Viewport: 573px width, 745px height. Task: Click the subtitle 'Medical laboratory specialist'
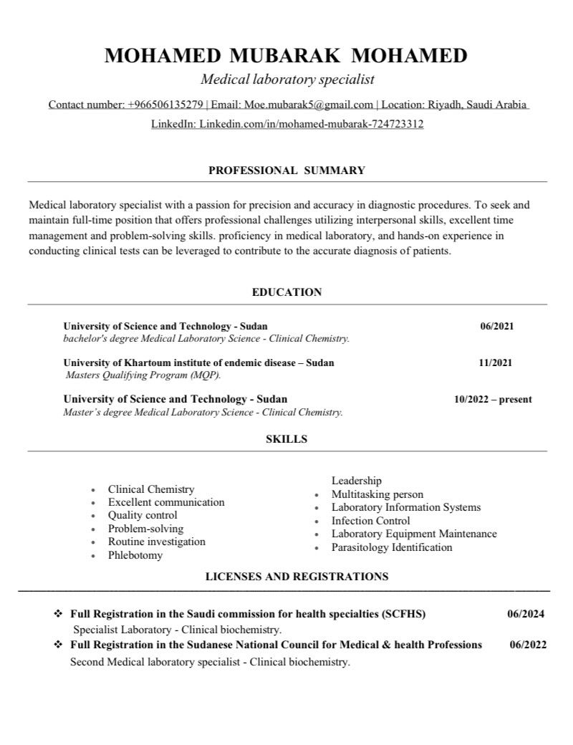[287, 79]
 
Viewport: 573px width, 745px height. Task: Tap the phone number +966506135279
[165, 105]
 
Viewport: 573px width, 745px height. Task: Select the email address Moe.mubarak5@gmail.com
[309, 105]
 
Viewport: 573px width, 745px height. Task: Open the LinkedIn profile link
[311, 124]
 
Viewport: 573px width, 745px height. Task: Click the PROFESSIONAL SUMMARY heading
[286, 170]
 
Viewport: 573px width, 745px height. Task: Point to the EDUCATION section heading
[286, 292]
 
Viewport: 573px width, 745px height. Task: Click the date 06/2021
[496, 326]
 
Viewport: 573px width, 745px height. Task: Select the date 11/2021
[496, 362]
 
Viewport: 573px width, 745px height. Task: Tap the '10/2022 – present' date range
[493, 399]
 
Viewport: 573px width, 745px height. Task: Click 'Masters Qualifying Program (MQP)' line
[143, 375]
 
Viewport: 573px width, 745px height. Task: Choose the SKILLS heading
[286, 439]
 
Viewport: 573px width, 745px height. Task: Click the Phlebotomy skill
[135, 555]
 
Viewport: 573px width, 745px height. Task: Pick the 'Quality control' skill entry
[143, 515]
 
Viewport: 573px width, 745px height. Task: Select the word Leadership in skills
[356, 481]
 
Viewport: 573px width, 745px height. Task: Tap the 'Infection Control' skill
[370, 521]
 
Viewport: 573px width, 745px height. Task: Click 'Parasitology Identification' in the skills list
[392, 547]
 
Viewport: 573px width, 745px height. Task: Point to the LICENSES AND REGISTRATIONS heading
[297, 576]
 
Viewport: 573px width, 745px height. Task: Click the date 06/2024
[526, 614]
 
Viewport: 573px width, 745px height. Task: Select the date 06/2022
[528, 645]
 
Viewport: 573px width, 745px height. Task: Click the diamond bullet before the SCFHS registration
[58, 614]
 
